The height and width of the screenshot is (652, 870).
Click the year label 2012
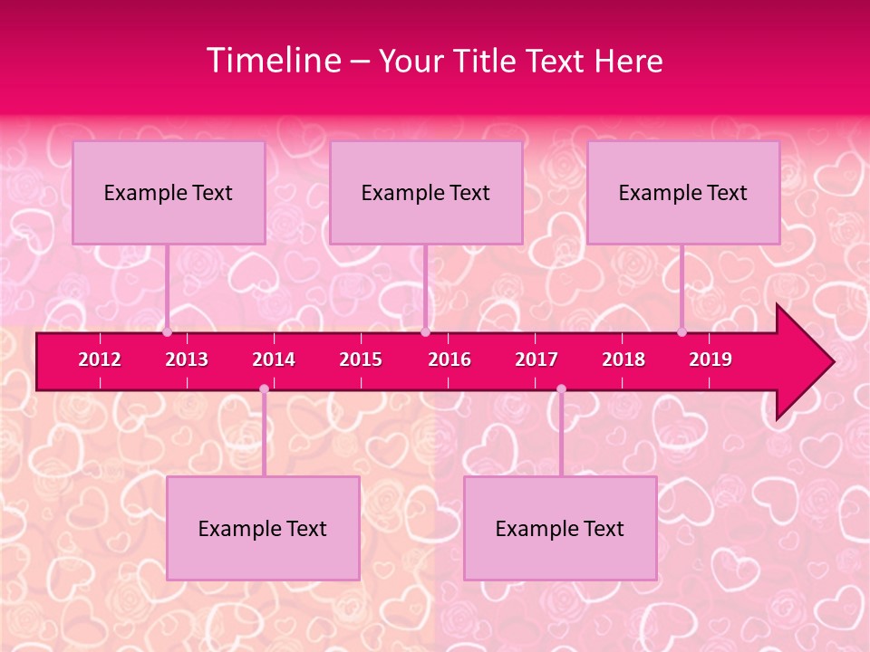click(100, 360)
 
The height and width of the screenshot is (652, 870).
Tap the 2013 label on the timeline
click(187, 360)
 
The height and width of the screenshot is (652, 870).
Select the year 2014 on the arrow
click(274, 360)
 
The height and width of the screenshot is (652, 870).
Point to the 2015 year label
click(361, 360)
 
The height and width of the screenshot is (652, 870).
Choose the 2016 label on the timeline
click(449, 360)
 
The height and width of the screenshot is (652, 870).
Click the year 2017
click(536, 360)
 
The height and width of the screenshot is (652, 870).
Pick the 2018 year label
click(623, 360)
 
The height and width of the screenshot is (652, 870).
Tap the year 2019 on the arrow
click(710, 360)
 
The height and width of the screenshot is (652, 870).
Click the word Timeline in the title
click(273, 61)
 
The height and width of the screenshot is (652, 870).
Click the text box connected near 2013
click(169, 192)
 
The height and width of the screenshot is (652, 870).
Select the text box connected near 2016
click(426, 192)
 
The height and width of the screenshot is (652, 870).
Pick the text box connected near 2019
click(683, 192)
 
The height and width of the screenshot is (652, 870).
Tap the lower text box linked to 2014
click(263, 528)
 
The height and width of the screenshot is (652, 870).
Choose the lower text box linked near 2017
click(560, 528)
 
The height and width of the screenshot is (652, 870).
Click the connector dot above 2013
click(167, 332)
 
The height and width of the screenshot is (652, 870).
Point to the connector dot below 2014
click(264, 389)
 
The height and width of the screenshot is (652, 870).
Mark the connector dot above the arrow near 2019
click(682, 332)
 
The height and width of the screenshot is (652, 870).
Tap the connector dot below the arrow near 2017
click(561, 389)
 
